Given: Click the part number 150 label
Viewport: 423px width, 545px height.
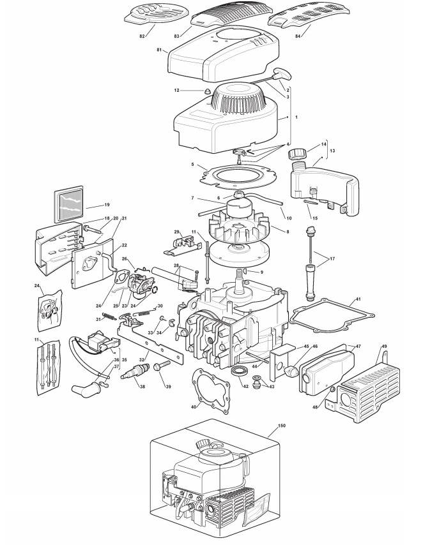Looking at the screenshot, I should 281,424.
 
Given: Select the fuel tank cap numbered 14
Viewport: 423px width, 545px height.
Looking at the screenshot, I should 298,154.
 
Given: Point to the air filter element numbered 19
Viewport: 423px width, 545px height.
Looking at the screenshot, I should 68,204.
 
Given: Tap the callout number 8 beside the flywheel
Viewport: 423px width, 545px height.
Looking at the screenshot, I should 288,231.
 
